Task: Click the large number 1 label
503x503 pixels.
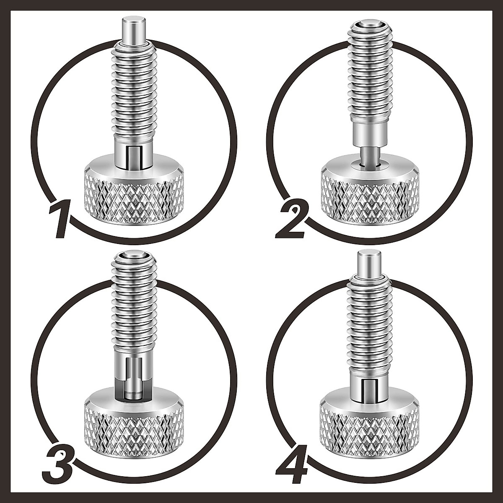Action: pyautogui.click(x=59, y=219)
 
